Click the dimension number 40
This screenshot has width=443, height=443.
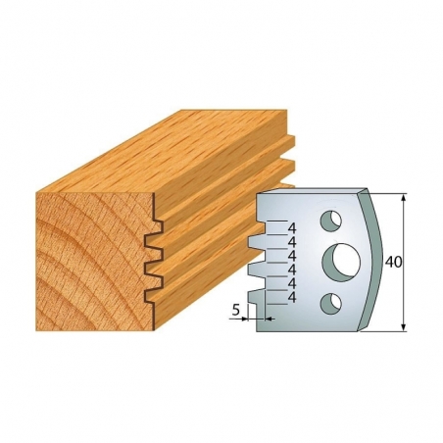point(394,262)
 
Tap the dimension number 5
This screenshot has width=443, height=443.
point(236,310)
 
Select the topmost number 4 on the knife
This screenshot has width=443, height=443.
point(292,228)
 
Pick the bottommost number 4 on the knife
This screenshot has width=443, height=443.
point(292,297)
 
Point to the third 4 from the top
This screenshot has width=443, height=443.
point(292,256)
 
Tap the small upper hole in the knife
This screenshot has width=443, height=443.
point(331,220)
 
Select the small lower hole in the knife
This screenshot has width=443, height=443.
point(331,303)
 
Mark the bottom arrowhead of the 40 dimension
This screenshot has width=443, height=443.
point(404,327)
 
